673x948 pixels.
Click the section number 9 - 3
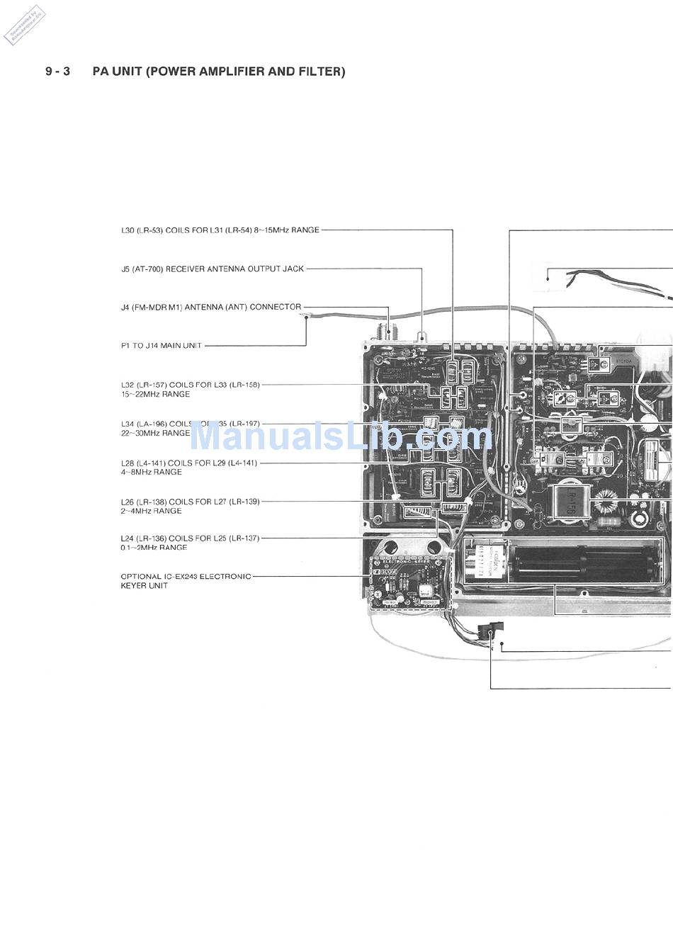point(57,72)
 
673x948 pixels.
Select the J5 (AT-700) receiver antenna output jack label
point(212,269)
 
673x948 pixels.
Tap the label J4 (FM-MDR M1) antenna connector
point(210,307)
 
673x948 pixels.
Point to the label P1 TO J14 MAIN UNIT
point(162,346)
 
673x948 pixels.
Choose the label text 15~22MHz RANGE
point(155,395)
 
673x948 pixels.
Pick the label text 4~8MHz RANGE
point(151,472)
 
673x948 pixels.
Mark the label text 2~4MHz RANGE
point(151,511)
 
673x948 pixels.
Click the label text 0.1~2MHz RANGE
point(154,548)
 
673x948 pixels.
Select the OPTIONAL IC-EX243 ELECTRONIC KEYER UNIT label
point(186,581)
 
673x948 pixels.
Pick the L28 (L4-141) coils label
point(189,463)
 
